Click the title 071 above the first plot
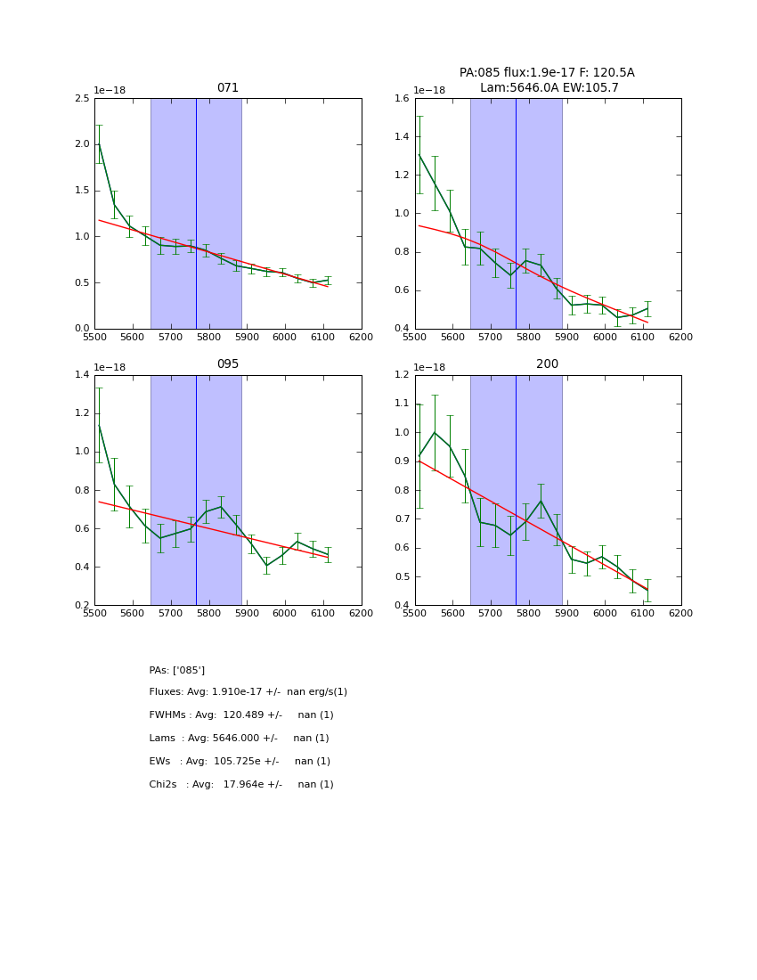tap(228, 88)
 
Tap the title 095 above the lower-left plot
tap(228, 364)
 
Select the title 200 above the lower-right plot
tap(547, 364)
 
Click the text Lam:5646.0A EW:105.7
tap(549, 87)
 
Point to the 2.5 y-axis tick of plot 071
tap(82, 98)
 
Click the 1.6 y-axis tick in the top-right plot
tap(403, 98)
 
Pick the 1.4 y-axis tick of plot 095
tap(82, 375)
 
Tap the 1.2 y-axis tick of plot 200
tap(403, 375)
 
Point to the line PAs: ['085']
tap(176, 670)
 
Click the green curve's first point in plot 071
tap(99, 143)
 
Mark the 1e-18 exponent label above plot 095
tap(110, 367)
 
